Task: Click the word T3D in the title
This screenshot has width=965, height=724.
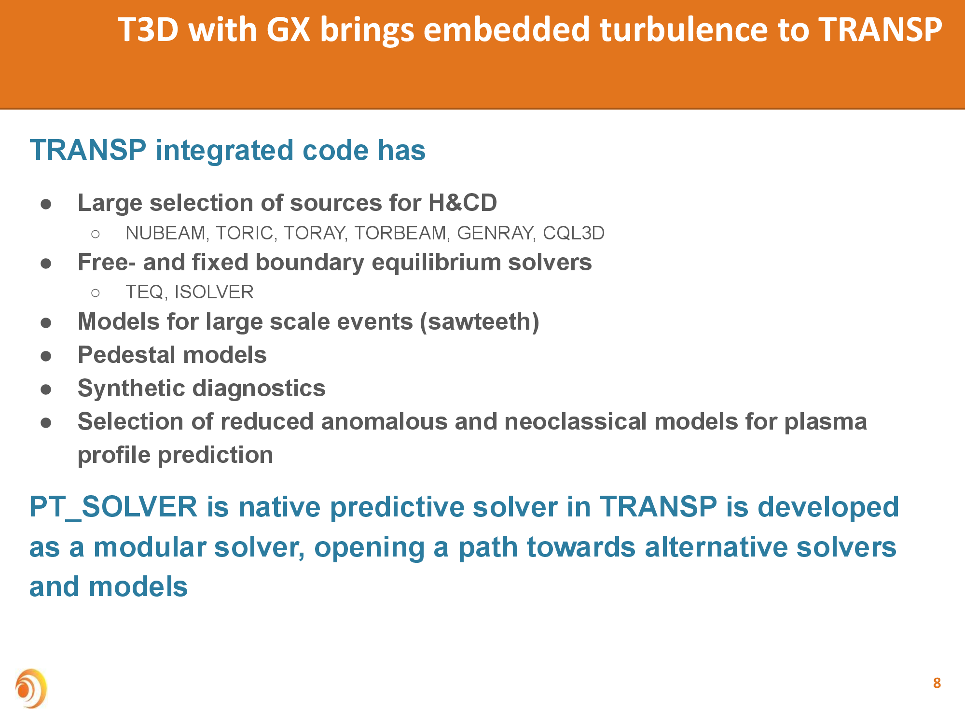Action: pyautogui.click(x=149, y=30)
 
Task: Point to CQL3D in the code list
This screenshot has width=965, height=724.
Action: pyautogui.click(x=574, y=234)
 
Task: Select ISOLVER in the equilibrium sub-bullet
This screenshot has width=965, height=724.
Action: pyautogui.click(x=214, y=292)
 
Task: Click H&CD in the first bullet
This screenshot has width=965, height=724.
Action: pyautogui.click(x=463, y=203)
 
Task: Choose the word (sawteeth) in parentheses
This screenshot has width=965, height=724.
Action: pyautogui.click(x=480, y=322)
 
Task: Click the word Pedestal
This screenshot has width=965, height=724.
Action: pyautogui.click(x=126, y=355)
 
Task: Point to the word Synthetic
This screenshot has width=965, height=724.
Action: pyautogui.click(x=134, y=389)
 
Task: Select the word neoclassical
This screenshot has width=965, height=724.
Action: pyautogui.click(x=574, y=422)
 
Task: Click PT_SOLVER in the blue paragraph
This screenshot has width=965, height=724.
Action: pyautogui.click(x=113, y=508)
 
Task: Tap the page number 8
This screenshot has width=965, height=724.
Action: pyautogui.click(x=937, y=683)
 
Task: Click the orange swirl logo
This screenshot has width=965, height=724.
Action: pyautogui.click(x=31, y=688)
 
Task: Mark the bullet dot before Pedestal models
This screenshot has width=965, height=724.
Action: pyautogui.click(x=46, y=356)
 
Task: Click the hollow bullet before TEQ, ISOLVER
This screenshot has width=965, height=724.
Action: pyautogui.click(x=96, y=293)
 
